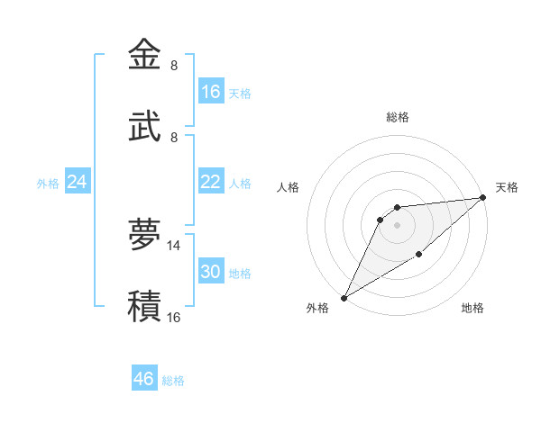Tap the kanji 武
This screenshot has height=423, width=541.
pyautogui.click(x=144, y=128)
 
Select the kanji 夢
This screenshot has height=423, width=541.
pyautogui.click(x=144, y=235)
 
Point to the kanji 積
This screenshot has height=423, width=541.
pyautogui.click(x=144, y=307)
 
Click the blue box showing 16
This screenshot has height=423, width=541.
pyautogui.click(x=211, y=92)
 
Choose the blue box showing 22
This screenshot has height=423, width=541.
pyautogui.click(x=211, y=182)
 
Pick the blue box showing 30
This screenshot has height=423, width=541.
pyautogui.click(x=211, y=272)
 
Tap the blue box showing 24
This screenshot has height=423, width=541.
pyautogui.click(x=78, y=182)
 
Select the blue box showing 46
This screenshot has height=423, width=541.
pyautogui.click(x=144, y=379)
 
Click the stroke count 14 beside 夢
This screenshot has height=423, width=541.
pyautogui.click(x=174, y=245)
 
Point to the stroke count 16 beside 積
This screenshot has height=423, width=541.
pyautogui.click(x=174, y=317)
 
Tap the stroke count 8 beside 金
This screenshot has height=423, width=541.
pyautogui.click(x=174, y=66)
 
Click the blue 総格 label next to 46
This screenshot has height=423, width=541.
pyautogui.click(x=173, y=381)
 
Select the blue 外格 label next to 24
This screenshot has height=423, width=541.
pyautogui.click(x=48, y=184)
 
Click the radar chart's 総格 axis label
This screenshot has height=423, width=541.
pyautogui.click(x=398, y=117)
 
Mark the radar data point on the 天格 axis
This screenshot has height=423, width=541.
pyautogui.click(x=483, y=197)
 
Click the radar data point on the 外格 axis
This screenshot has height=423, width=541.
pyautogui.click(x=344, y=297)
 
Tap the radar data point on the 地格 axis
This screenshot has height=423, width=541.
pyautogui.click(x=419, y=256)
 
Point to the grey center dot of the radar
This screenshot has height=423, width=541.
pyautogui.click(x=397, y=225)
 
